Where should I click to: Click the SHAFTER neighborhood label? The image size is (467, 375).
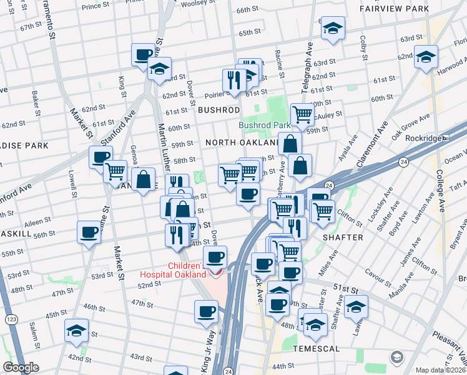coord(342,237)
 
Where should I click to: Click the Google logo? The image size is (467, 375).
coord(21,367)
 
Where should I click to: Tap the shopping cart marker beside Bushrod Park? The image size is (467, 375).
coord(302,114)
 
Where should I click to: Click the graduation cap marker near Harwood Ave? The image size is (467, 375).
coord(426,57)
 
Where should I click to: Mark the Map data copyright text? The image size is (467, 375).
coord(440,370)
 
